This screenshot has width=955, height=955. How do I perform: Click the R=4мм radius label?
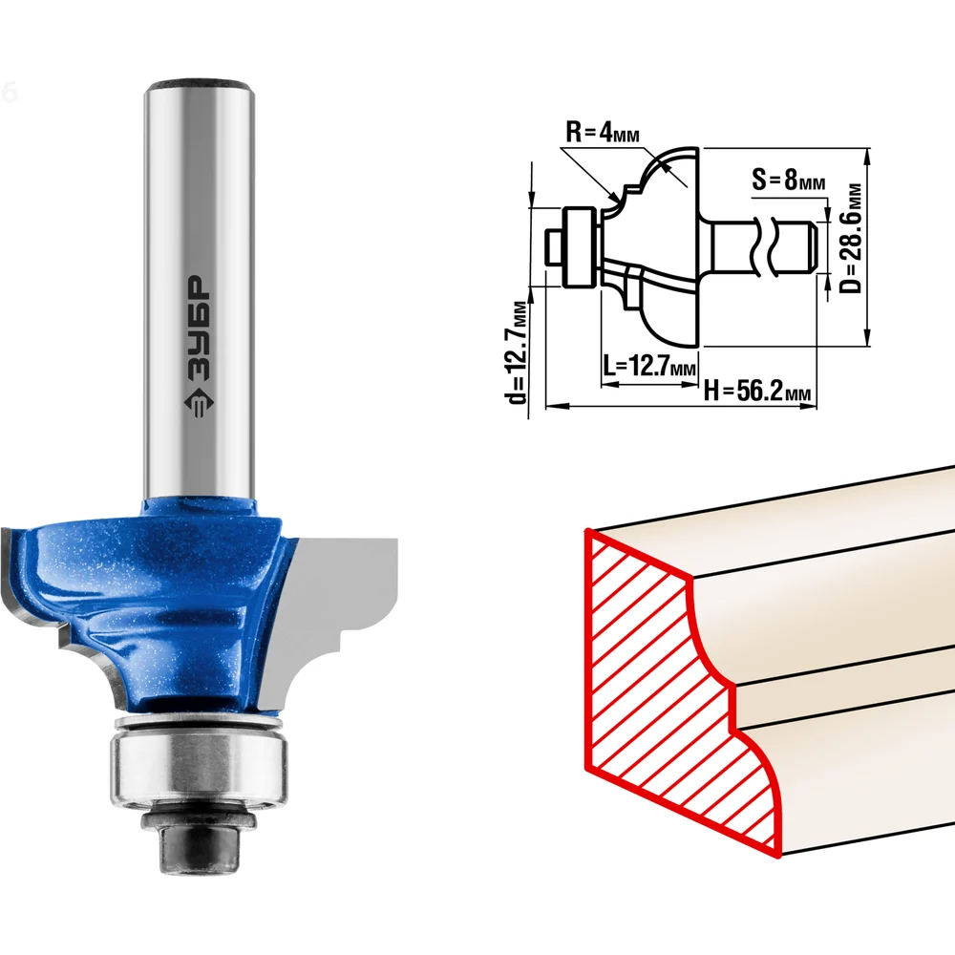603,132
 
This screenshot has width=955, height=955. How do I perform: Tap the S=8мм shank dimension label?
788,180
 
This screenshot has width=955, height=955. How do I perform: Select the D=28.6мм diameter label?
852,238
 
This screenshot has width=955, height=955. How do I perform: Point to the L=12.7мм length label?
649,366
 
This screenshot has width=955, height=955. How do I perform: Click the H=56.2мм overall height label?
757,391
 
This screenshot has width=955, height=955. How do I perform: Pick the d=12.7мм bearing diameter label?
516,351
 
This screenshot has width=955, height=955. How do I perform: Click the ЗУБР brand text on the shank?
198,329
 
